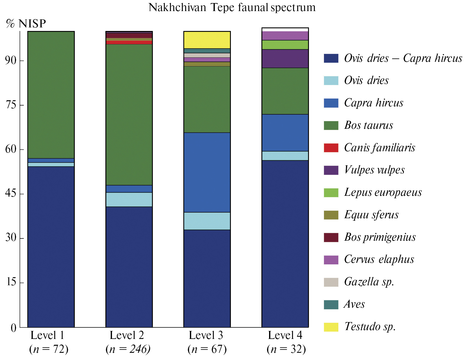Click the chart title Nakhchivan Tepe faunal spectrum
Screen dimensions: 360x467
(x=232, y=7)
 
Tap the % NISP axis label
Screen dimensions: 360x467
(x=26, y=24)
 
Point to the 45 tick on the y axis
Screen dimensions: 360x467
(x=11, y=193)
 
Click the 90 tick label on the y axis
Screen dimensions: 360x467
(x=11, y=60)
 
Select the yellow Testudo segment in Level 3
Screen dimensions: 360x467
(x=207, y=40)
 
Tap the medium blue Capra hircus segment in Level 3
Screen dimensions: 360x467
(x=207, y=172)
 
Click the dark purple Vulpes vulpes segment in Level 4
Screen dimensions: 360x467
(x=285, y=59)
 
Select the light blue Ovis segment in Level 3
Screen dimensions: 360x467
(x=207, y=221)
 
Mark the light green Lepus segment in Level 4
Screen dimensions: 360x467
(x=285, y=45)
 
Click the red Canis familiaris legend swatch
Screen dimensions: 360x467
(x=331, y=148)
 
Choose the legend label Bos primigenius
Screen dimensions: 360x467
(x=380, y=237)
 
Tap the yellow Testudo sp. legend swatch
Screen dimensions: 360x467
(x=331, y=327)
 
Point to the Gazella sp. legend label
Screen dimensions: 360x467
(x=369, y=282)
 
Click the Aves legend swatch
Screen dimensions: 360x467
(x=331, y=305)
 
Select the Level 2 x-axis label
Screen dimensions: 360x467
(x=127, y=335)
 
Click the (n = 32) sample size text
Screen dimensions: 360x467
(x=286, y=349)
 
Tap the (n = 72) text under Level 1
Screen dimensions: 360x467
(x=49, y=349)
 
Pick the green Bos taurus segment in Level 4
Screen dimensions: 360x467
(x=285, y=91)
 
